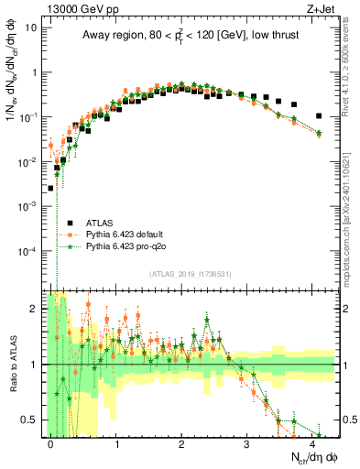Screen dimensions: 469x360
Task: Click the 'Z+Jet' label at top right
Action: click(x=322, y=7)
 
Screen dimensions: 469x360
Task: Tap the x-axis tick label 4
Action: click(x=312, y=443)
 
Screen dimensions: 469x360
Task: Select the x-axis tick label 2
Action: click(x=181, y=443)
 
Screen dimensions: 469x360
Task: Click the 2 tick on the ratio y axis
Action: click(x=37, y=309)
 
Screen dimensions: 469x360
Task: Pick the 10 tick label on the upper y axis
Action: click(x=32, y=27)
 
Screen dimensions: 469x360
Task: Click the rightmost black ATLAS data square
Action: click(x=318, y=116)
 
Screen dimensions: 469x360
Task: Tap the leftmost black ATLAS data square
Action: click(x=51, y=188)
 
